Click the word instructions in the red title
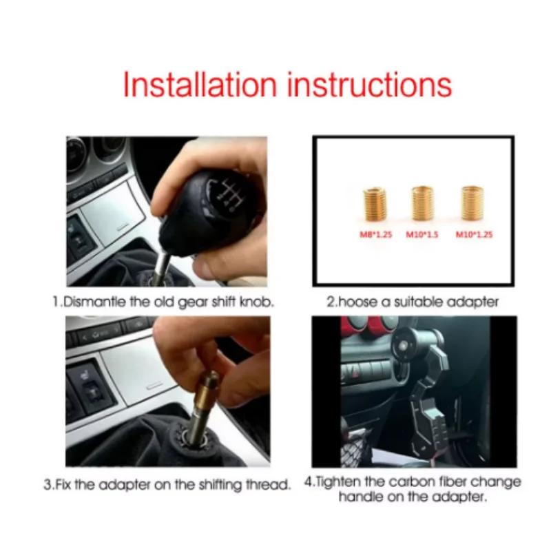369,85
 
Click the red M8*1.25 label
375,235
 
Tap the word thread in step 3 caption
268,485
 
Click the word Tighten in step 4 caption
342,481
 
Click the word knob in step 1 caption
258,302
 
